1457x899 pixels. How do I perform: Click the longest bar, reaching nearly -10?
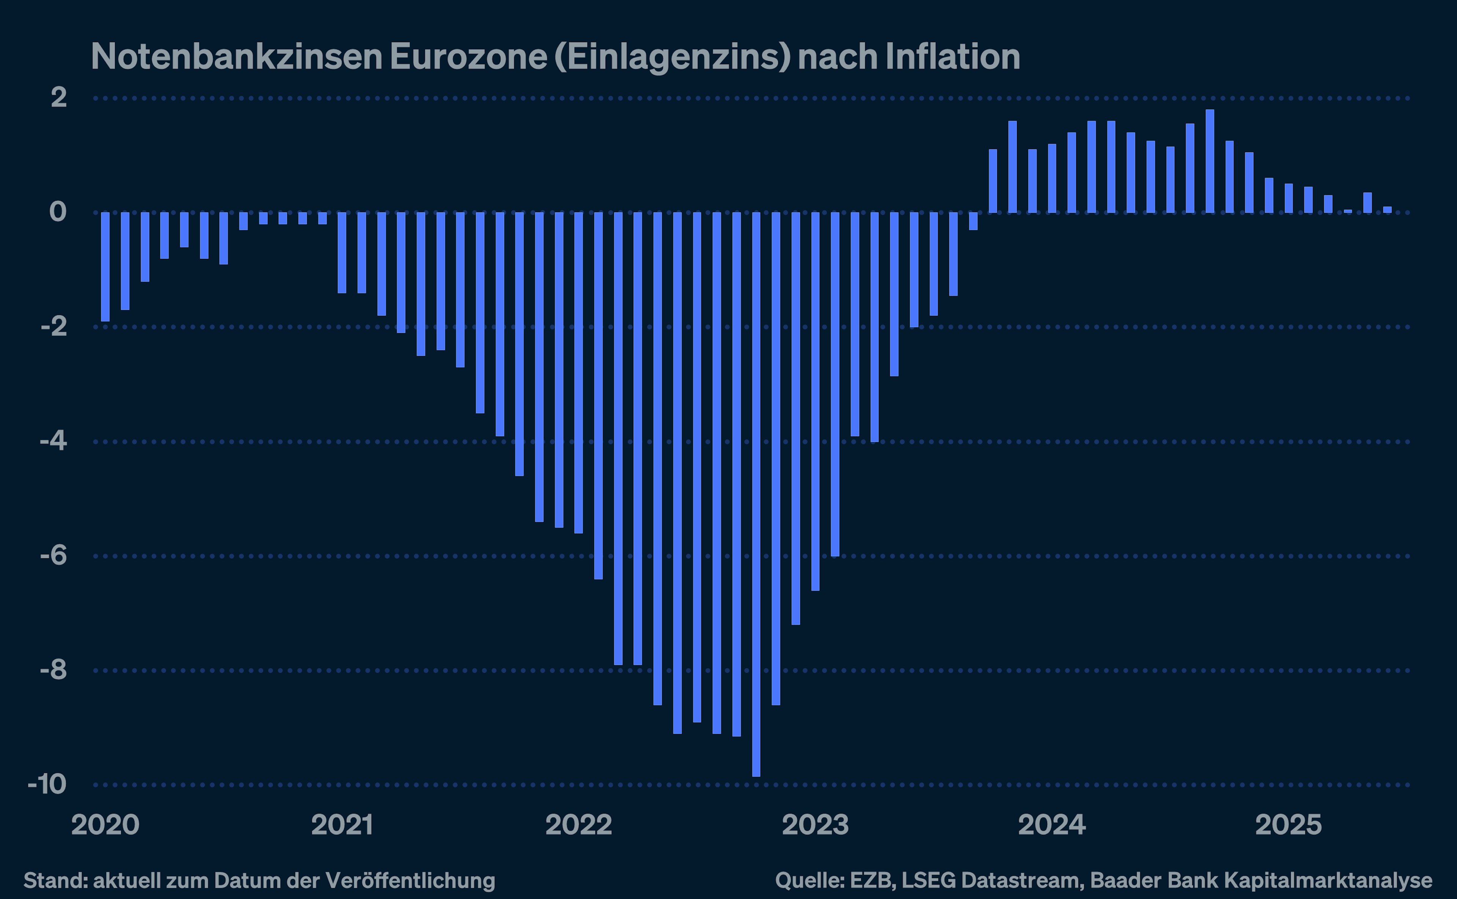[x=755, y=493]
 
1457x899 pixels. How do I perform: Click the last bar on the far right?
[x=1387, y=209]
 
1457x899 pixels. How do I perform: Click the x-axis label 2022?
[x=578, y=825]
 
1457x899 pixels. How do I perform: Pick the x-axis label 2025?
[x=1288, y=825]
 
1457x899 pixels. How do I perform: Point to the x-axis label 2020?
[x=105, y=825]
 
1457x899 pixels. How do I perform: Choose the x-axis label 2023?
[x=815, y=825]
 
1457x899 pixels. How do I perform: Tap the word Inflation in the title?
[x=952, y=57]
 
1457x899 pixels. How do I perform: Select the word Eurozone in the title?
[x=469, y=57]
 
